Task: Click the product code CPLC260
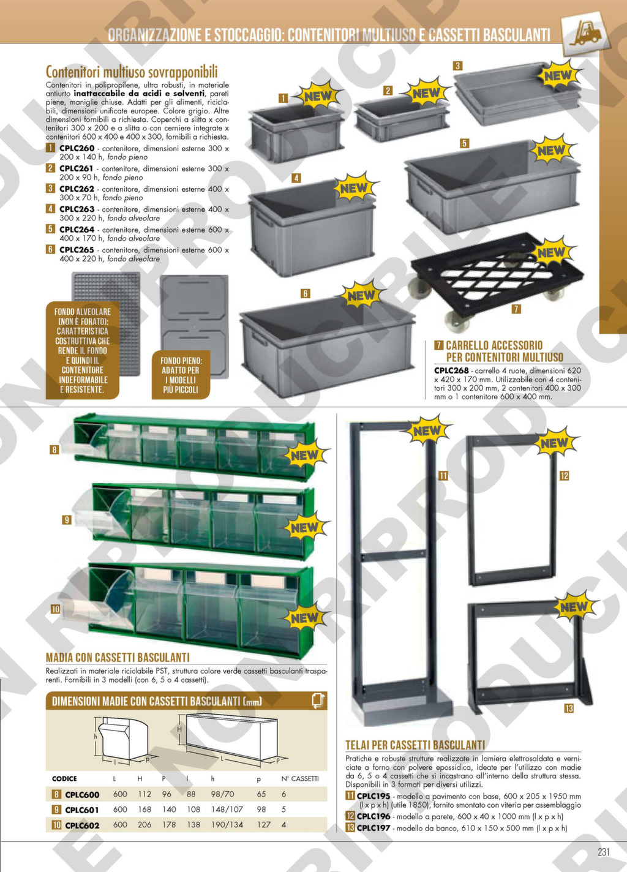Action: click(77, 148)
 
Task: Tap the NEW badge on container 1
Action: click(318, 96)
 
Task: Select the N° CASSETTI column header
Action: click(299, 778)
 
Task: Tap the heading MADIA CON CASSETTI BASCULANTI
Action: click(118, 658)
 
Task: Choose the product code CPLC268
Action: click(451, 370)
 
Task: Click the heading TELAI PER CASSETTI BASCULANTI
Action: click(415, 745)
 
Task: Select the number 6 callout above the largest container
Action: click(305, 293)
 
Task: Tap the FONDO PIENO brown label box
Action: click(181, 375)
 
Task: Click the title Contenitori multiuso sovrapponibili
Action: click(132, 72)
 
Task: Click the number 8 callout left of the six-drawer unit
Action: click(54, 450)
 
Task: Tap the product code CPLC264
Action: click(77, 230)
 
